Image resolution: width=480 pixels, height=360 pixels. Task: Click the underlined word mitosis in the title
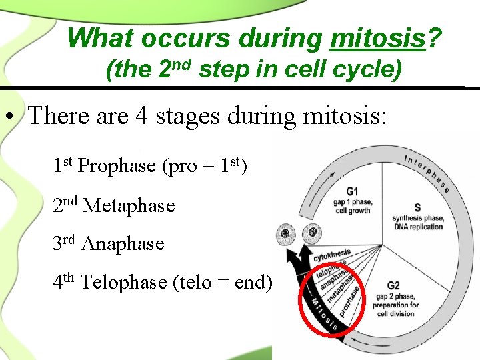click(377, 39)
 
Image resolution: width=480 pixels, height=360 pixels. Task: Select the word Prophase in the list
click(117, 166)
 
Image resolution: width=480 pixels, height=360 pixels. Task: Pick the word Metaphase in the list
click(128, 206)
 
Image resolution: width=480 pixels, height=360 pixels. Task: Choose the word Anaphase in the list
click(122, 244)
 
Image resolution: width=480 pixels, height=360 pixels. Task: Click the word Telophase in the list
click(123, 283)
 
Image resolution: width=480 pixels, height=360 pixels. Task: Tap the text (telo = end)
click(223, 283)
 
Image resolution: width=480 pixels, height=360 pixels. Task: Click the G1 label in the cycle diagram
click(352, 191)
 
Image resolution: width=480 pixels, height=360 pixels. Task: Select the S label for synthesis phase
click(417, 207)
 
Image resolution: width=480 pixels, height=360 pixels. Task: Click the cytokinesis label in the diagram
click(331, 254)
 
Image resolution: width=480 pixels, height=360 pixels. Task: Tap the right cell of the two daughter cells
click(310, 235)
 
